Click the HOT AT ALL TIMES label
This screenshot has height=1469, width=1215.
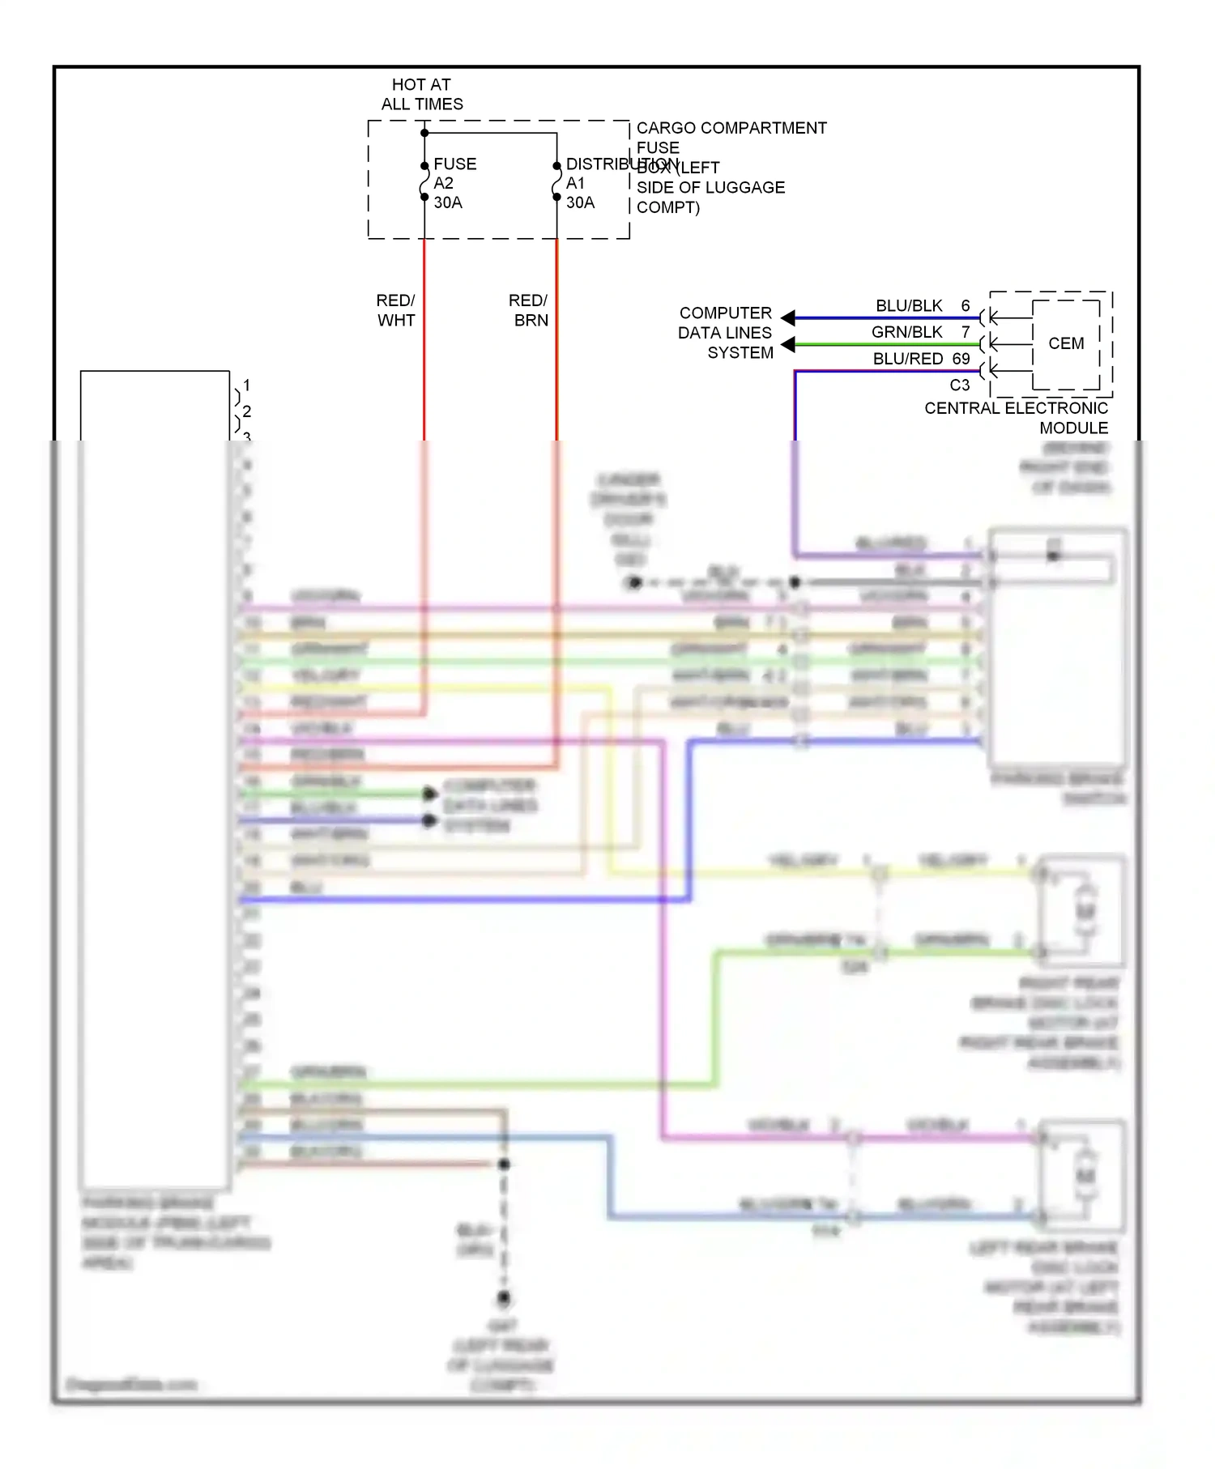coord(422,94)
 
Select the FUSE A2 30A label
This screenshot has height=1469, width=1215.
coord(454,183)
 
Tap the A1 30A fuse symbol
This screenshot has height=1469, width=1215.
coord(556,182)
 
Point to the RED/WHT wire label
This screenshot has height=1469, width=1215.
coord(395,310)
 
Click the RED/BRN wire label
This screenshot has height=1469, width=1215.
coord(528,310)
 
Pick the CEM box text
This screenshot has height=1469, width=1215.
coord(1065,343)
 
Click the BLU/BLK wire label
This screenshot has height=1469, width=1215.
coord(909,306)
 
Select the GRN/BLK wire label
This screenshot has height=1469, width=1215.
coord(906,332)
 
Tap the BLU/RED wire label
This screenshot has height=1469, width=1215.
coord(907,359)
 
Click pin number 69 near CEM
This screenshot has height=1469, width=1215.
coord(961,359)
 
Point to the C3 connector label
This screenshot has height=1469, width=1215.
coord(959,385)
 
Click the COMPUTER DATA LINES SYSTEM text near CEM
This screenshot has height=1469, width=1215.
coord(725,333)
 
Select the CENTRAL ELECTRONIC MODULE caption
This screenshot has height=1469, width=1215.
coord(1016,418)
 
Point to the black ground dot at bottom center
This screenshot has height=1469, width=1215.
coord(504,1298)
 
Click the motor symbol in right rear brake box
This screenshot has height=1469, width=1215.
coord(1085,910)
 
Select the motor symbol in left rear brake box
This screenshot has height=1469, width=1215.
coord(1085,1175)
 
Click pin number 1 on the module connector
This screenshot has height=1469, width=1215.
coord(246,385)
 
